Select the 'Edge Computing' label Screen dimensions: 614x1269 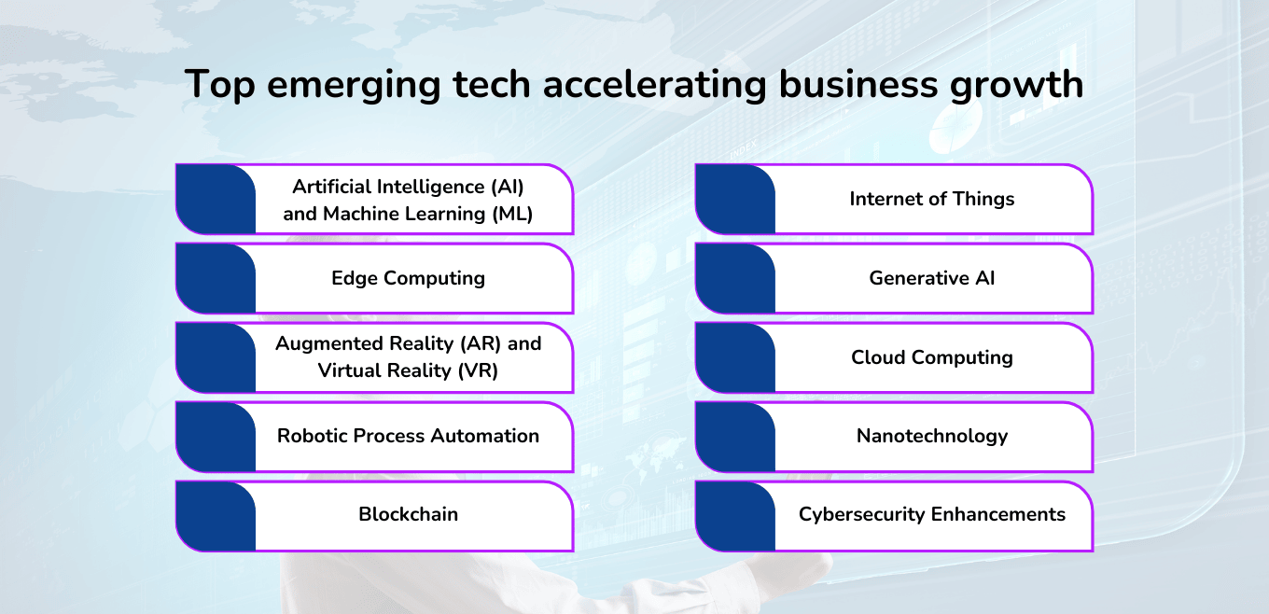click(x=408, y=278)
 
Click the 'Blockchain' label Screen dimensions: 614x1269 click(x=408, y=514)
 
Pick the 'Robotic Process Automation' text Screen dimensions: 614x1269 click(x=408, y=436)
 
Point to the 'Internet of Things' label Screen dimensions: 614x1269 click(x=931, y=199)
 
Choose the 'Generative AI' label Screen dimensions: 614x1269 click(x=931, y=278)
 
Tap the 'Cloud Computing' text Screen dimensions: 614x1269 click(x=931, y=357)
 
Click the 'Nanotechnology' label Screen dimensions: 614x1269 click(x=931, y=436)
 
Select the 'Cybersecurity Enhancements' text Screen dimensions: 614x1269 click(x=931, y=514)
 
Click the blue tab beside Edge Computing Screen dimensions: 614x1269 click(x=216, y=278)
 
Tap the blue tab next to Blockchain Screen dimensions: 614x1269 click(x=216, y=515)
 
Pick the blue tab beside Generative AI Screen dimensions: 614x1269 click(x=735, y=278)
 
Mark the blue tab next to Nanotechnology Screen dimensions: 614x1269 click(x=735, y=437)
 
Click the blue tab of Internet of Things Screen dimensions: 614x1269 click(x=735, y=199)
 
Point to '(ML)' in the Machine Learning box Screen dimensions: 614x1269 click(x=511, y=214)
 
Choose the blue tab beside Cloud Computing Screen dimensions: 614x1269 click(x=735, y=357)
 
